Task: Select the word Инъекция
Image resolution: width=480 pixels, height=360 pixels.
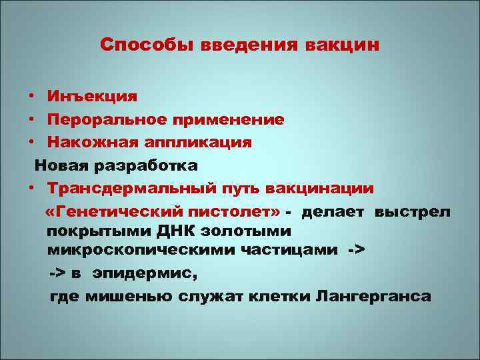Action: (93, 96)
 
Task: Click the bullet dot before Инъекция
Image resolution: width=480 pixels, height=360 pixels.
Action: (31, 96)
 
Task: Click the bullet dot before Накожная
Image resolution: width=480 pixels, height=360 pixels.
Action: (31, 142)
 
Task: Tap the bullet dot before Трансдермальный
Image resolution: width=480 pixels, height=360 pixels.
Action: (31, 188)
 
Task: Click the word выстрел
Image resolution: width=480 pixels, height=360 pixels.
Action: (413, 212)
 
